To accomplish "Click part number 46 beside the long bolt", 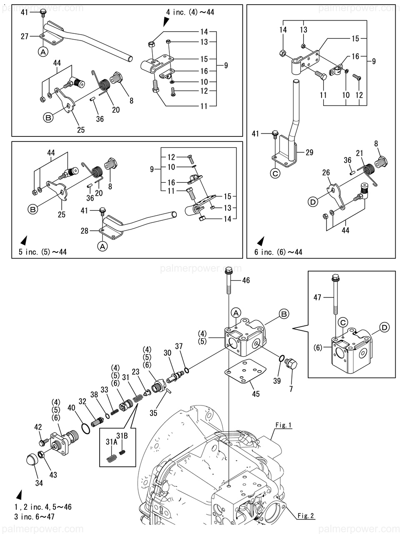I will pos(246,280).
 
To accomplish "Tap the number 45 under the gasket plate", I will pos(256,393).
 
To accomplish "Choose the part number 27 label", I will pos(25,37).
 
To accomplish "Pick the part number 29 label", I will pos(309,153).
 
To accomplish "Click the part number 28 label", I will pos(85,231).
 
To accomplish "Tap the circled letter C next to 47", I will pos(343,322).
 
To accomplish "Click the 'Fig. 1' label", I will pos(284,426).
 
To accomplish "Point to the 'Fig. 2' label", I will pos(306,516).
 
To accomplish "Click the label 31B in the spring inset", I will pos(122,436).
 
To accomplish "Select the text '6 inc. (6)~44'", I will pos(278,252).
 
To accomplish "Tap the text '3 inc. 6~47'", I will pos(34,517).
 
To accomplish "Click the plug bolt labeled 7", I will pos(291,365).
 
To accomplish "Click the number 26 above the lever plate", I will pos(326,172).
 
